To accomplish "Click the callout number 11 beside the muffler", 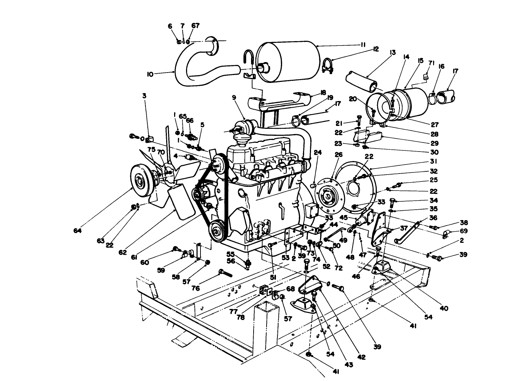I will (363, 45).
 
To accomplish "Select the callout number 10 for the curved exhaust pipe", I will (150, 74).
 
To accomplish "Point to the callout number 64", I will (77, 231).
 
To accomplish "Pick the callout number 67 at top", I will (195, 26).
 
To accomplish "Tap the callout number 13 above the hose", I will (393, 53).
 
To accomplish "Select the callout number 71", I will (431, 63).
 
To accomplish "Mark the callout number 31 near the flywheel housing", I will (434, 161).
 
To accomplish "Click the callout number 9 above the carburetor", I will (234, 97).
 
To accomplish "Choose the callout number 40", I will (444, 308).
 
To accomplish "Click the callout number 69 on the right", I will (464, 231).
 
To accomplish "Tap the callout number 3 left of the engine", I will (144, 96).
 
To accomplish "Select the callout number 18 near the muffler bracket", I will (323, 93).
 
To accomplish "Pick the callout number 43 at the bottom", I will (348, 364).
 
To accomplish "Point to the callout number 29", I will (434, 144).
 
